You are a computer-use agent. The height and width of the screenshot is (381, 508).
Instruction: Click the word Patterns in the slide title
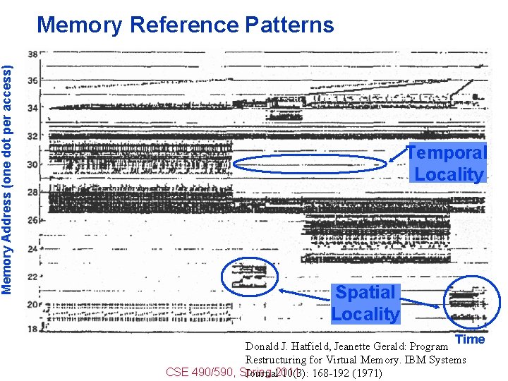tap(290, 25)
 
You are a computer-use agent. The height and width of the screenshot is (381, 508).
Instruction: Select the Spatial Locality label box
tap(365, 303)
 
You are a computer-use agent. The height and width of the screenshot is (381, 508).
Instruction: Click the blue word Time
tap(470, 339)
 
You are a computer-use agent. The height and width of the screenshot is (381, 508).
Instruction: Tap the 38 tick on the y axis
tap(32, 54)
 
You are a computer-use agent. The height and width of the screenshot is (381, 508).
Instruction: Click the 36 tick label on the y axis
tap(32, 81)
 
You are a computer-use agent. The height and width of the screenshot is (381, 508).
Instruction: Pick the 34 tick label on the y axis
tap(32, 109)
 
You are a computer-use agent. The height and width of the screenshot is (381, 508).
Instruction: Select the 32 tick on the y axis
tap(32, 136)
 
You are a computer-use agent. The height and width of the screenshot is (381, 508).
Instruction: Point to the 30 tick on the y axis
tap(32, 164)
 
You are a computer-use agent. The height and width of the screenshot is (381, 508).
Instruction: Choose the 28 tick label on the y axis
tap(32, 192)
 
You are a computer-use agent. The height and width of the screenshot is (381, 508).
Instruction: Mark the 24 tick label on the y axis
tap(32, 248)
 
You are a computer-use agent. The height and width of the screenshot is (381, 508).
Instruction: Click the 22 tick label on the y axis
tap(32, 275)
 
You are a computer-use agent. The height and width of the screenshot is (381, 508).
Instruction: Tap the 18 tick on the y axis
tap(32, 329)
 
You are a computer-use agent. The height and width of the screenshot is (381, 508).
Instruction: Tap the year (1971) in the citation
tap(367, 373)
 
